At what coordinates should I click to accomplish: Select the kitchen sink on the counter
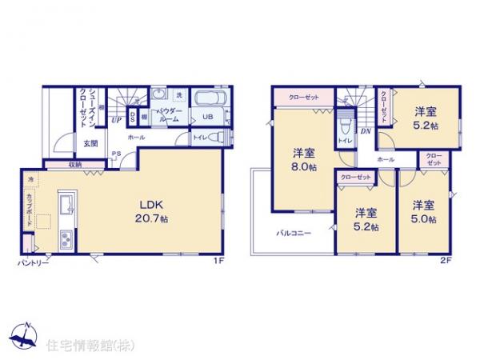click(x=65, y=200)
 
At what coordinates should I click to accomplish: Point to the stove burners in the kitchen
click(x=65, y=237)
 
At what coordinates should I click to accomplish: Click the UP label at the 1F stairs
click(x=117, y=121)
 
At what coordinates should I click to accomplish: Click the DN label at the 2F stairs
click(x=365, y=130)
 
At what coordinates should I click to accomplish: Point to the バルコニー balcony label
click(x=294, y=234)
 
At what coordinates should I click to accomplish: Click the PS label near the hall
click(x=116, y=154)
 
